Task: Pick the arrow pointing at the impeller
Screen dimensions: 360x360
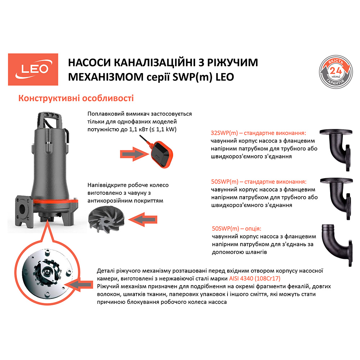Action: (x=144, y=218)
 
